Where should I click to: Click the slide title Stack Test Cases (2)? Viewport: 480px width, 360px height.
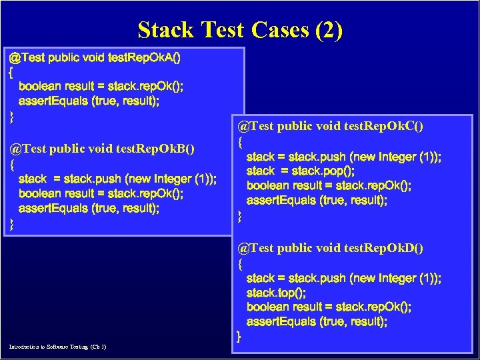pyautogui.click(x=240, y=30)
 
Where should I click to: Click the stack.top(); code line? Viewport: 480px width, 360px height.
pyautogui.click(x=273, y=293)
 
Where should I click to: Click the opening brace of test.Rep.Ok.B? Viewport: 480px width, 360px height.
pyautogui.click(x=11, y=163)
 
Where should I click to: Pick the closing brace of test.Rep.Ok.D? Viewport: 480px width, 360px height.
pyautogui.click(x=239, y=337)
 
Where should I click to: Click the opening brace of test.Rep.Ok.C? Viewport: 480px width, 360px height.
pyautogui.click(x=240, y=141)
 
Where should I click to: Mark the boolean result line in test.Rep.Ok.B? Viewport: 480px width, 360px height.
pyautogui.click(x=101, y=193)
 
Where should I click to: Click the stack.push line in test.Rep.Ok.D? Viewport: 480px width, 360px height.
pyautogui.click(x=343, y=278)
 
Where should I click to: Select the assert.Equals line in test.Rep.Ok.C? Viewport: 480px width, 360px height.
pyautogui.click(x=317, y=200)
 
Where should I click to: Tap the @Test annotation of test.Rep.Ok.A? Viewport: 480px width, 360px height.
pyautogui.click(x=27, y=57)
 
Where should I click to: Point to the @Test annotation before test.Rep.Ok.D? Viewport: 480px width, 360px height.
pyautogui.click(x=255, y=248)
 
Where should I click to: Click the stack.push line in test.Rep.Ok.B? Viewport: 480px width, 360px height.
pyautogui.click(x=117, y=179)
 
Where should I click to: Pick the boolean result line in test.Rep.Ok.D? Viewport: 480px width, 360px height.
pyautogui.click(x=329, y=307)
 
